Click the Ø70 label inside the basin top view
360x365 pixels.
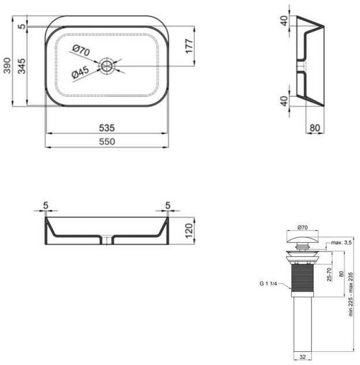click(x=82, y=51)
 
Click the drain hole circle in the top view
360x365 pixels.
click(x=107, y=65)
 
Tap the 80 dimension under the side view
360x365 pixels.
click(x=314, y=127)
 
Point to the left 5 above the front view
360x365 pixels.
click(x=47, y=205)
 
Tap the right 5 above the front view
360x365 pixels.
click(x=167, y=205)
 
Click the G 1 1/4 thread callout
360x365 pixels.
click(x=269, y=284)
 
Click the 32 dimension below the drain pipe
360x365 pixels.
click(x=302, y=356)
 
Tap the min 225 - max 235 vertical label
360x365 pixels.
click(x=351, y=294)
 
